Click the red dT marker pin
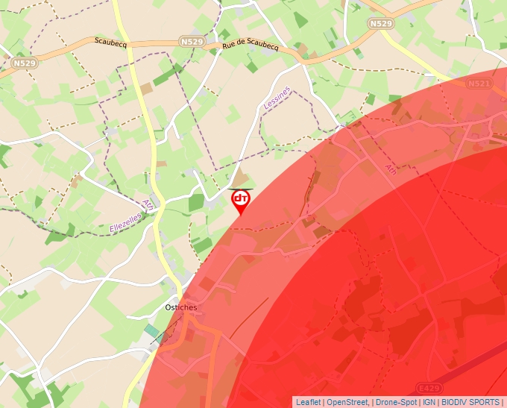click(241, 200)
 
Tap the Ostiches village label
click(181, 307)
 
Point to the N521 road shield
click(479, 84)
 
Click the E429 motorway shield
click(429, 389)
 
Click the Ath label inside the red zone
click(391, 169)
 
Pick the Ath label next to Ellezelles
click(148, 204)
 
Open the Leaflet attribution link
click(308, 402)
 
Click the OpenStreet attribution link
click(347, 402)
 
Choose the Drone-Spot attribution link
click(396, 402)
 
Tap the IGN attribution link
click(429, 402)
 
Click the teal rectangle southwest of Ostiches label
click(152, 330)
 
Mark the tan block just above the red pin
click(241, 180)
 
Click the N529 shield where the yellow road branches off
click(381, 24)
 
